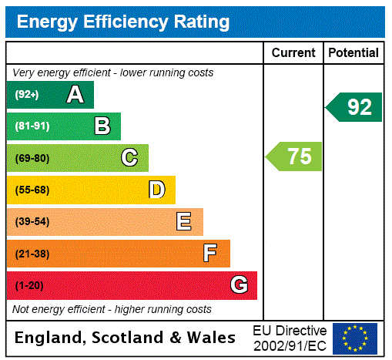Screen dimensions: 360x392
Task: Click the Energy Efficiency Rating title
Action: point(123,22)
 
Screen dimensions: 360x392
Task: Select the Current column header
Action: point(293,52)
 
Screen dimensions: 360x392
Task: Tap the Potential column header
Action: point(353,52)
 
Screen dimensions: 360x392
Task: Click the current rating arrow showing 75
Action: point(295,156)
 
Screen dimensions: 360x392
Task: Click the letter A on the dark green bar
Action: point(75,95)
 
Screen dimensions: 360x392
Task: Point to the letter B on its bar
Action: point(102,126)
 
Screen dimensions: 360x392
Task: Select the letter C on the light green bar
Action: point(129,158)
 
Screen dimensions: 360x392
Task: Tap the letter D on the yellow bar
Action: point(156,190)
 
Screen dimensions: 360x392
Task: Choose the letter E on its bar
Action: point(184,222)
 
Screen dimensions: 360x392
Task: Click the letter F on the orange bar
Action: point(210,254)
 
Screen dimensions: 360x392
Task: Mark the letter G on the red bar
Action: point(239,285)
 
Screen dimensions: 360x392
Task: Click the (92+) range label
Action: point(28,95)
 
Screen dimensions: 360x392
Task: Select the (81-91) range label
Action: point(32,126)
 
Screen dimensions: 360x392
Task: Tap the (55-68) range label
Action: point(32,190)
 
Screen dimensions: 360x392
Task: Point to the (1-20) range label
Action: point(29,286)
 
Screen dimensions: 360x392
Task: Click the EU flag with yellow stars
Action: point(355,338)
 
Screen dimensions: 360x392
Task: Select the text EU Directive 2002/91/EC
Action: point(290,337)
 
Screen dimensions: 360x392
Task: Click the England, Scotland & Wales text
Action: point(126,338)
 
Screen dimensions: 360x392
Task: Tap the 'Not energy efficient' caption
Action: point(112,309)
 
